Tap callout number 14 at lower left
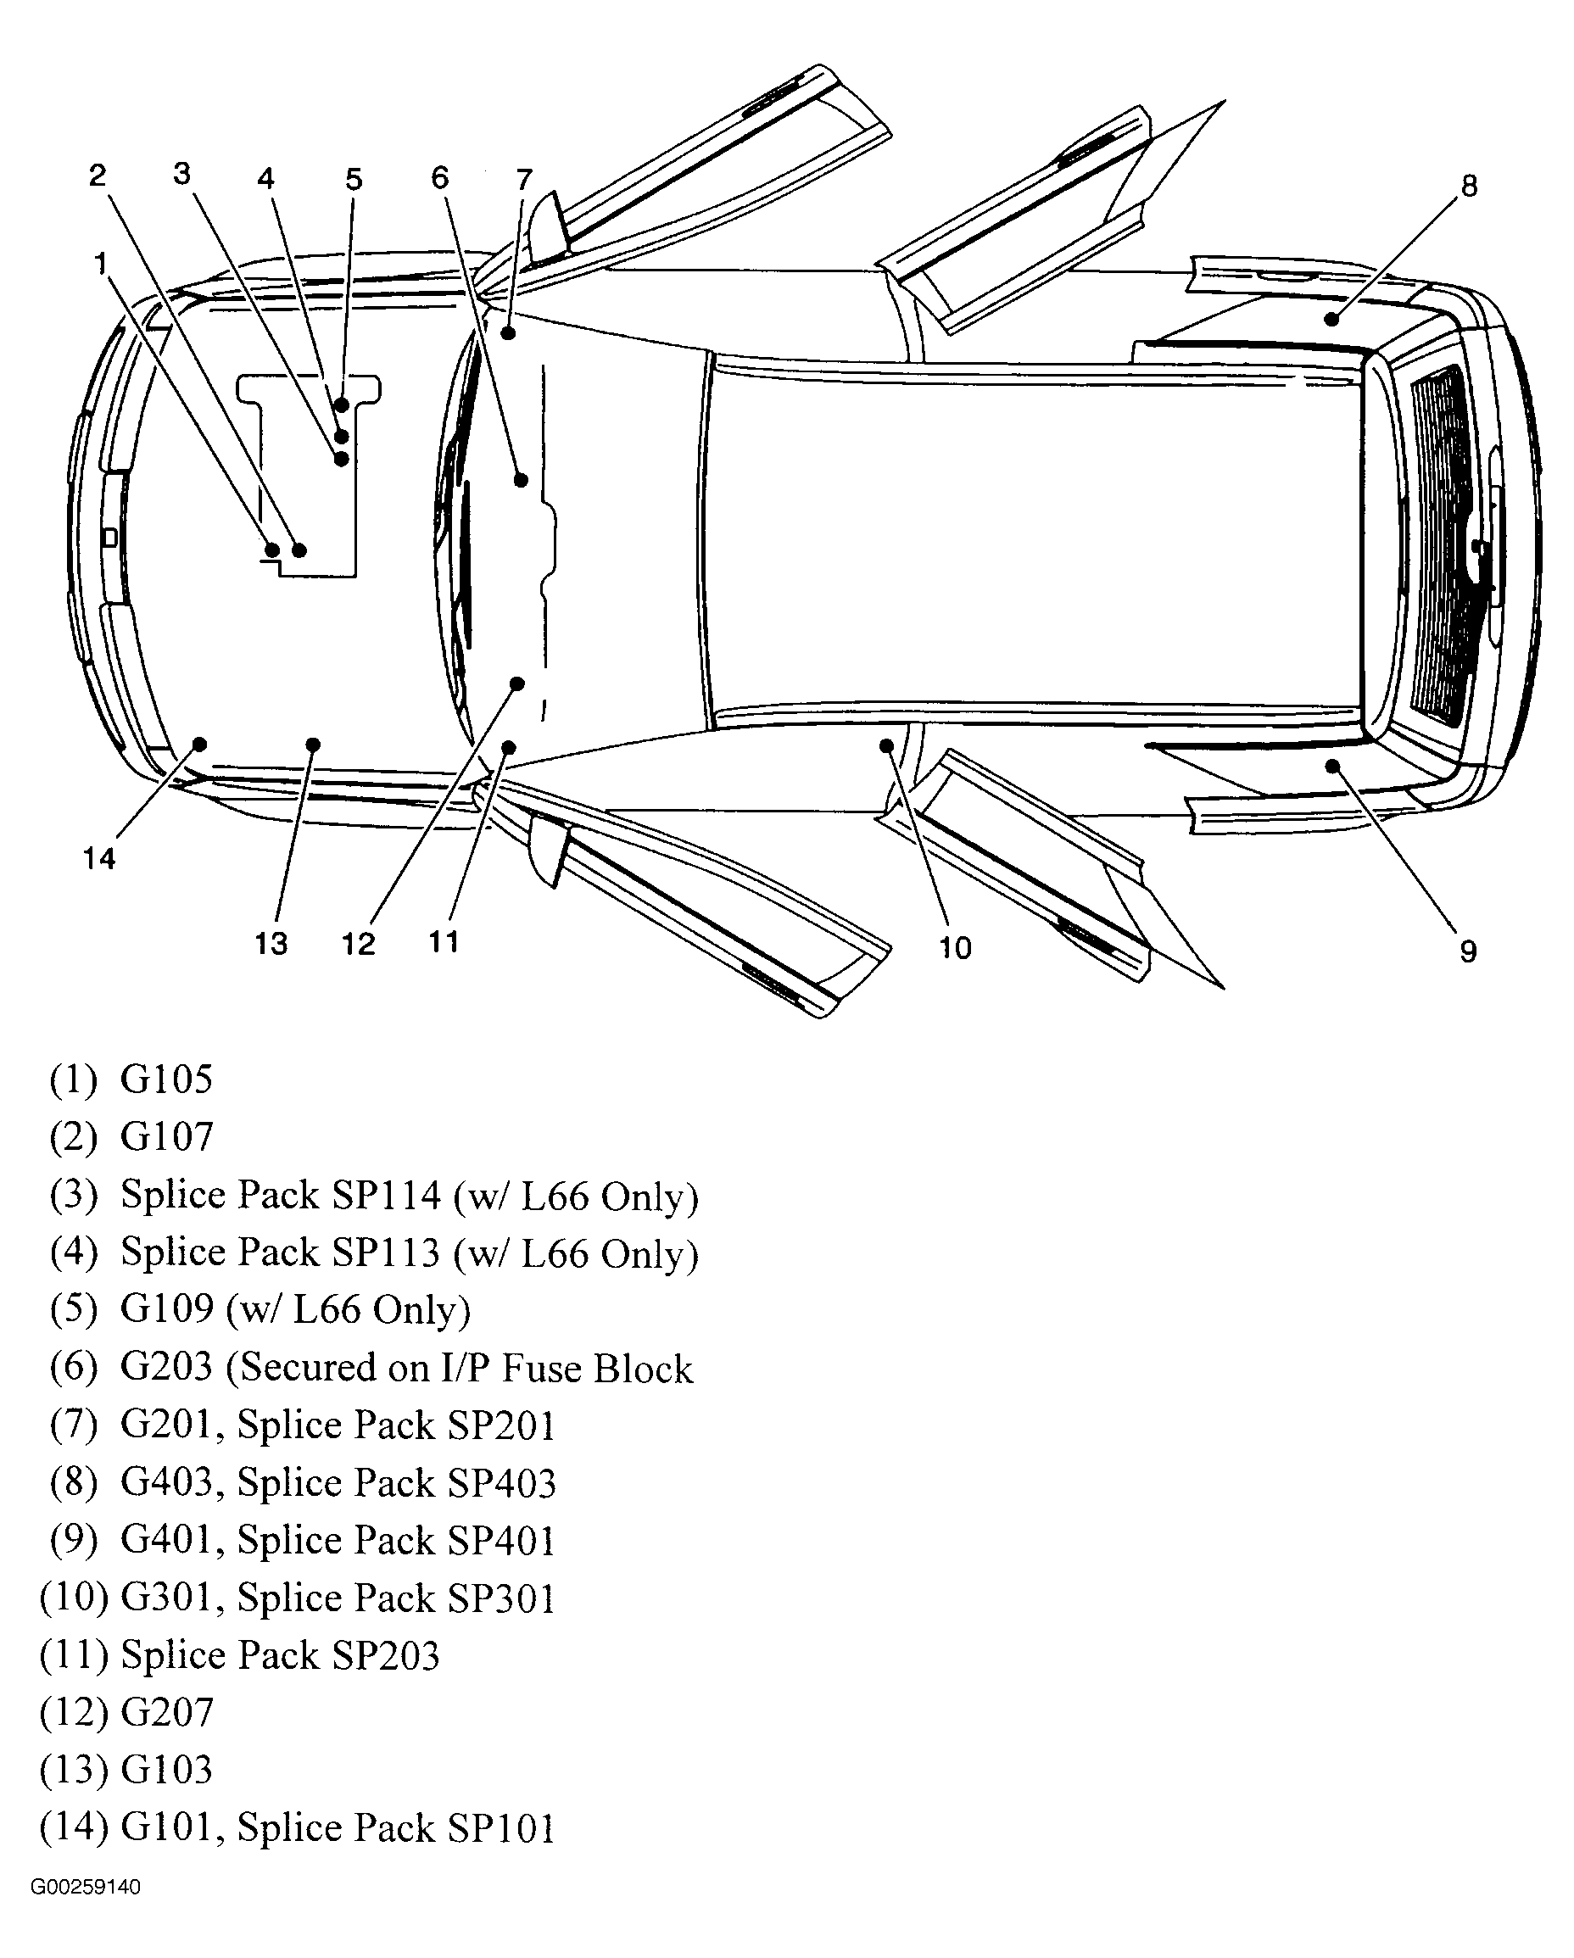tap(99, 858)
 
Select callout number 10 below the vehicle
tap(955, 947)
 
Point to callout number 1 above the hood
tap(101, 264)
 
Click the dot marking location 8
tap(1331, 319)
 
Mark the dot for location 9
tap(1332, 766)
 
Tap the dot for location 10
tap(886, 745)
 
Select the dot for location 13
tap(312, 745)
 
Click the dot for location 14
tap(200, 745)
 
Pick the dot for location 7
tap(509, 333)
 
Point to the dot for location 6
tap(522, 479)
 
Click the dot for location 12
tap(516, 683)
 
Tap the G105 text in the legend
tap(166, 1079)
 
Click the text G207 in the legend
tap(166, 1712)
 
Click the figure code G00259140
tap(86, 1887)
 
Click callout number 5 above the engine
tap(354, 179)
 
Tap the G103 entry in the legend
tap(166, 1769)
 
